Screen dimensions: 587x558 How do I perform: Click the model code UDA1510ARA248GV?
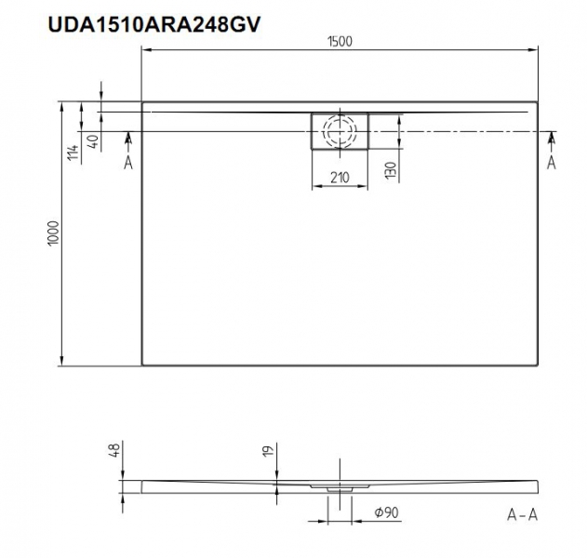point(153,25)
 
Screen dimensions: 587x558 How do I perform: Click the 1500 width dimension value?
point(340,42)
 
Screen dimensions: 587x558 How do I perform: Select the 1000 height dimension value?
point(54,233)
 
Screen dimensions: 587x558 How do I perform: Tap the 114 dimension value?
point(73,153)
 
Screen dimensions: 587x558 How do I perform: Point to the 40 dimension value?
point(93,140)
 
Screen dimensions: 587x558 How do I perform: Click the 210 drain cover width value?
point(340,178)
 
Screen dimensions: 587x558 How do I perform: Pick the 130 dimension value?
point(391,170)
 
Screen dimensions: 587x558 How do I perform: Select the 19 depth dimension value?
point(269,450)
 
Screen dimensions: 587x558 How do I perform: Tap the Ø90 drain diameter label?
point(387,512)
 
